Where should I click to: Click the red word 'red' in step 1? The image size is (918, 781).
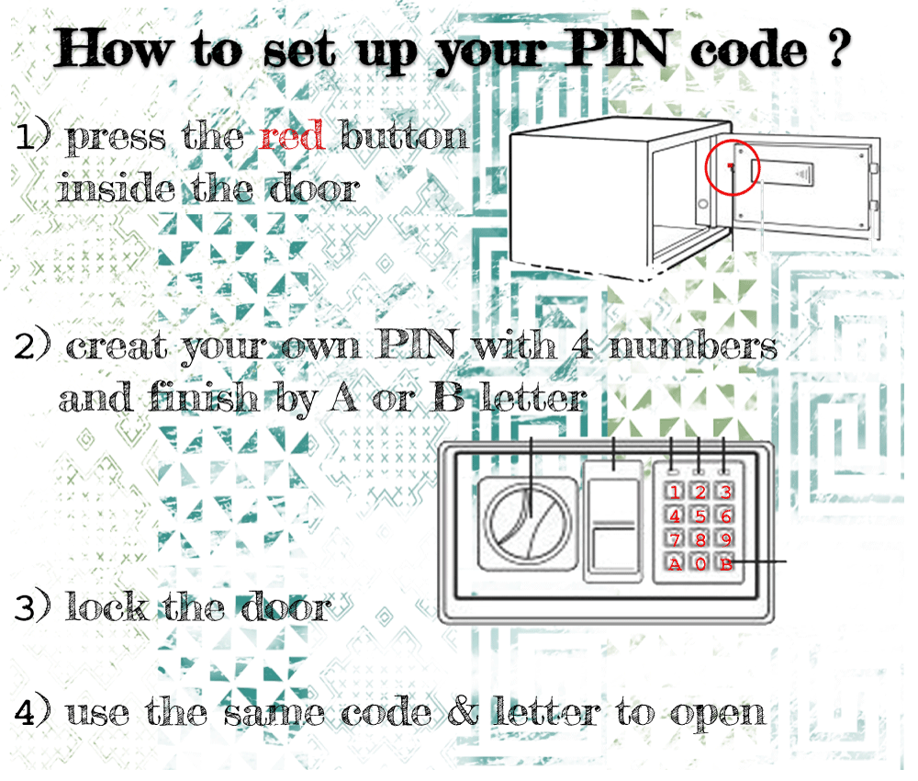pyautogui.click(x=291, y=138)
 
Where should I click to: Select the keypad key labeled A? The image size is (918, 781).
pyautogui.click(x=675, y=563)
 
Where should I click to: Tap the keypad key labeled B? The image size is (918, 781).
pyautogui.click(x=726, y=563)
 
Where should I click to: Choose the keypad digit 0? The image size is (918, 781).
pyautogui.click(x=700, y=563)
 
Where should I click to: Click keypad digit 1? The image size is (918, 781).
pyautogui.click(x=675, y=492)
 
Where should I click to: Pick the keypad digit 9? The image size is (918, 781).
pyautogui.click(x=726, y=539)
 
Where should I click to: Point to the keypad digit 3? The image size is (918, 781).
pyautogui.click(x=726, y=492)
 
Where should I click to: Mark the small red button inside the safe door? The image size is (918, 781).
pyautogui.click(x=730, y=166)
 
